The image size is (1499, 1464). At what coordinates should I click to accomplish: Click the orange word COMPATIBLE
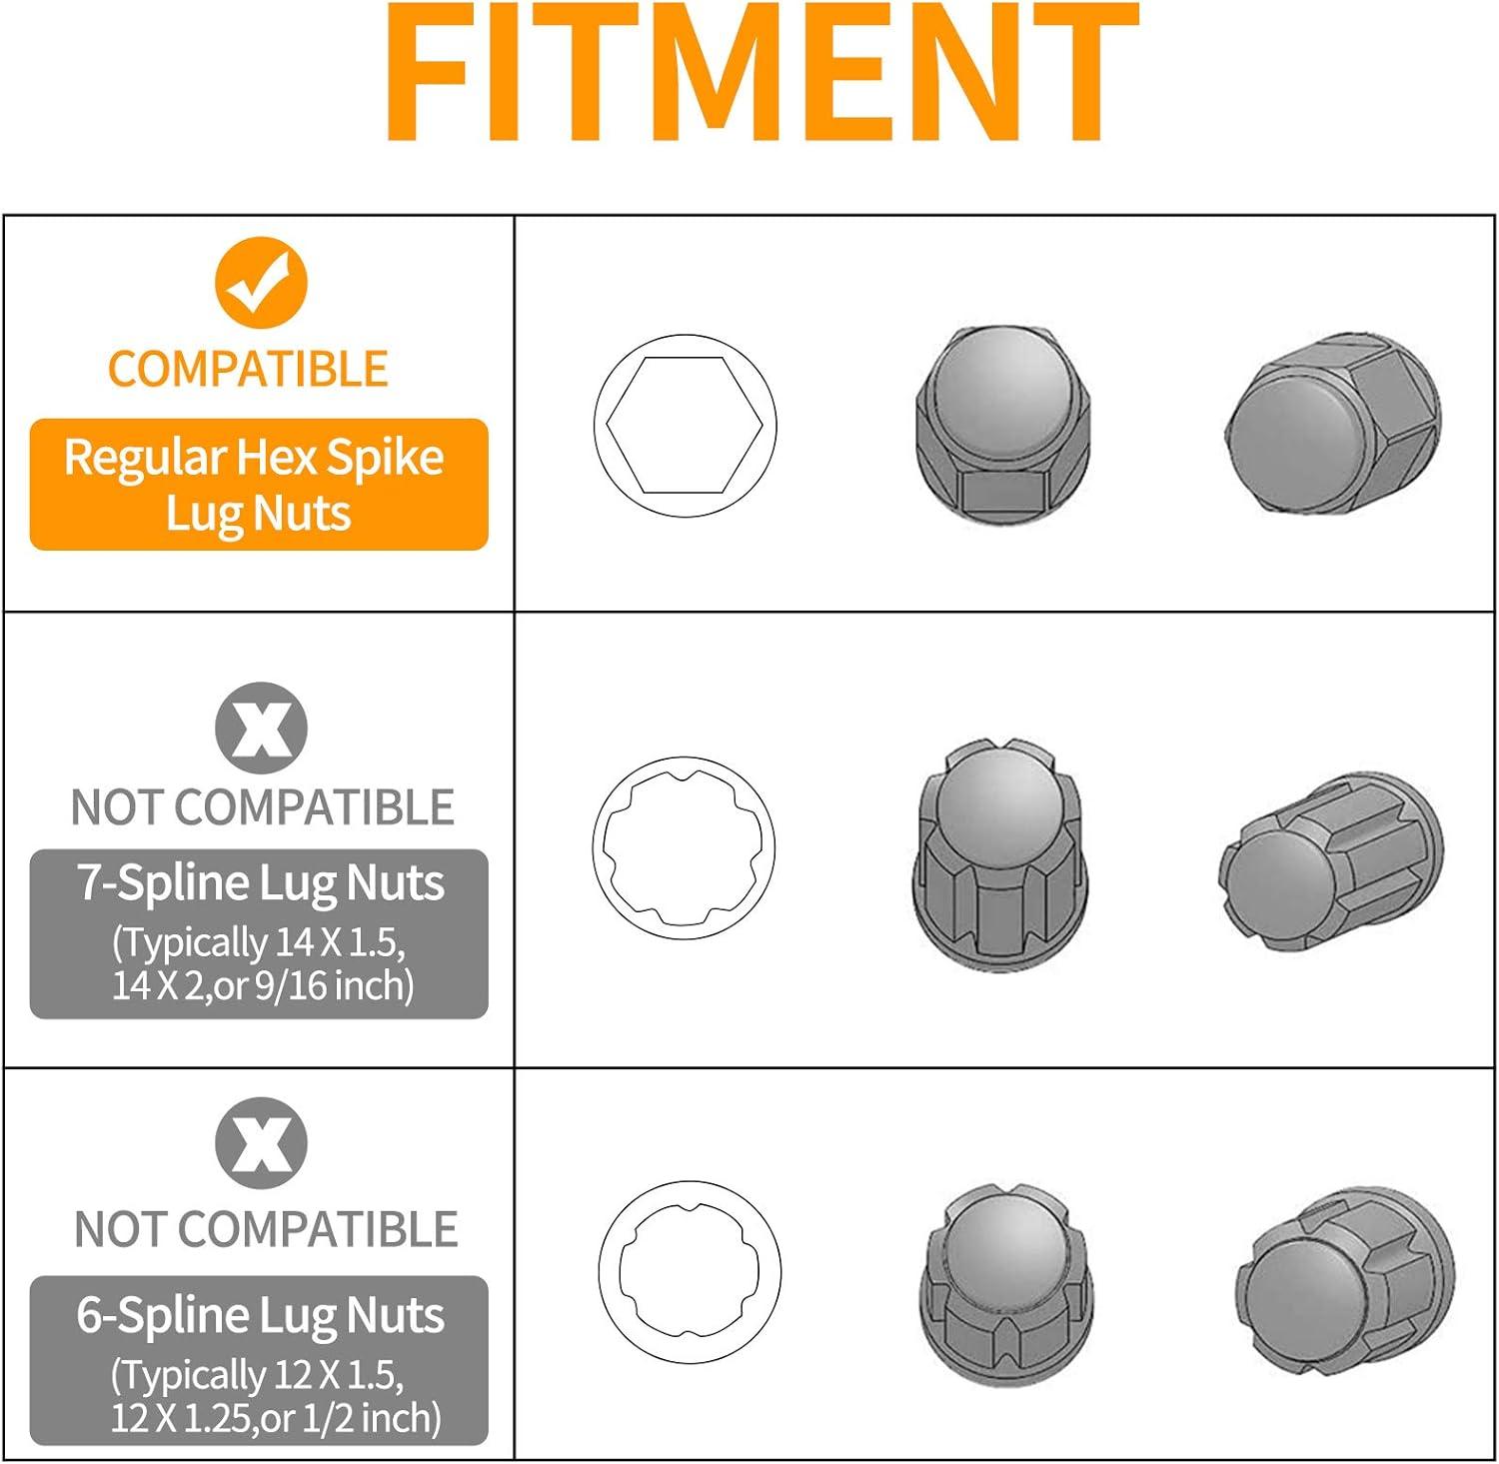(x=248, y=369)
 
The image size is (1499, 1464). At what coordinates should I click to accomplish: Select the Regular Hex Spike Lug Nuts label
(x=259, y=485)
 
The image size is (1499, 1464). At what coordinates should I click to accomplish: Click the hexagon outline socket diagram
(x=685, y=426)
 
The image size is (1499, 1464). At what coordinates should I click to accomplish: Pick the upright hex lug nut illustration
(x=1002, y=424)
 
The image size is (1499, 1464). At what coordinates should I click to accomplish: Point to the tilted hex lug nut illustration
(x=1333, y=424)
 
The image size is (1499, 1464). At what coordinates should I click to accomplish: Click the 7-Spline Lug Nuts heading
(x=261, y=883)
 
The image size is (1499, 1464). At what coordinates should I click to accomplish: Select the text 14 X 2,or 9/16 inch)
(x=263, y=986)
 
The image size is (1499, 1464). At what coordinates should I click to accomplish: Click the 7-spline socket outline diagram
(x=684, y=847)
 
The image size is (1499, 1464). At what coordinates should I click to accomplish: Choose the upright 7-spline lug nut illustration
(x=1000, y=854)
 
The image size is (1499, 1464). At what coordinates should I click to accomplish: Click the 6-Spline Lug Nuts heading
(x=261, y=1315)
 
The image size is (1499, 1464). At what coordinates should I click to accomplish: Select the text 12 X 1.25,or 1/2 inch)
(x=276, y=1418)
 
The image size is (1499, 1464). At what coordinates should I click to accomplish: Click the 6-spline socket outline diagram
(x=690, y=1272)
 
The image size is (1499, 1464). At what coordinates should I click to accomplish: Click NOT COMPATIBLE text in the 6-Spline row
(x=266, y=1229)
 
